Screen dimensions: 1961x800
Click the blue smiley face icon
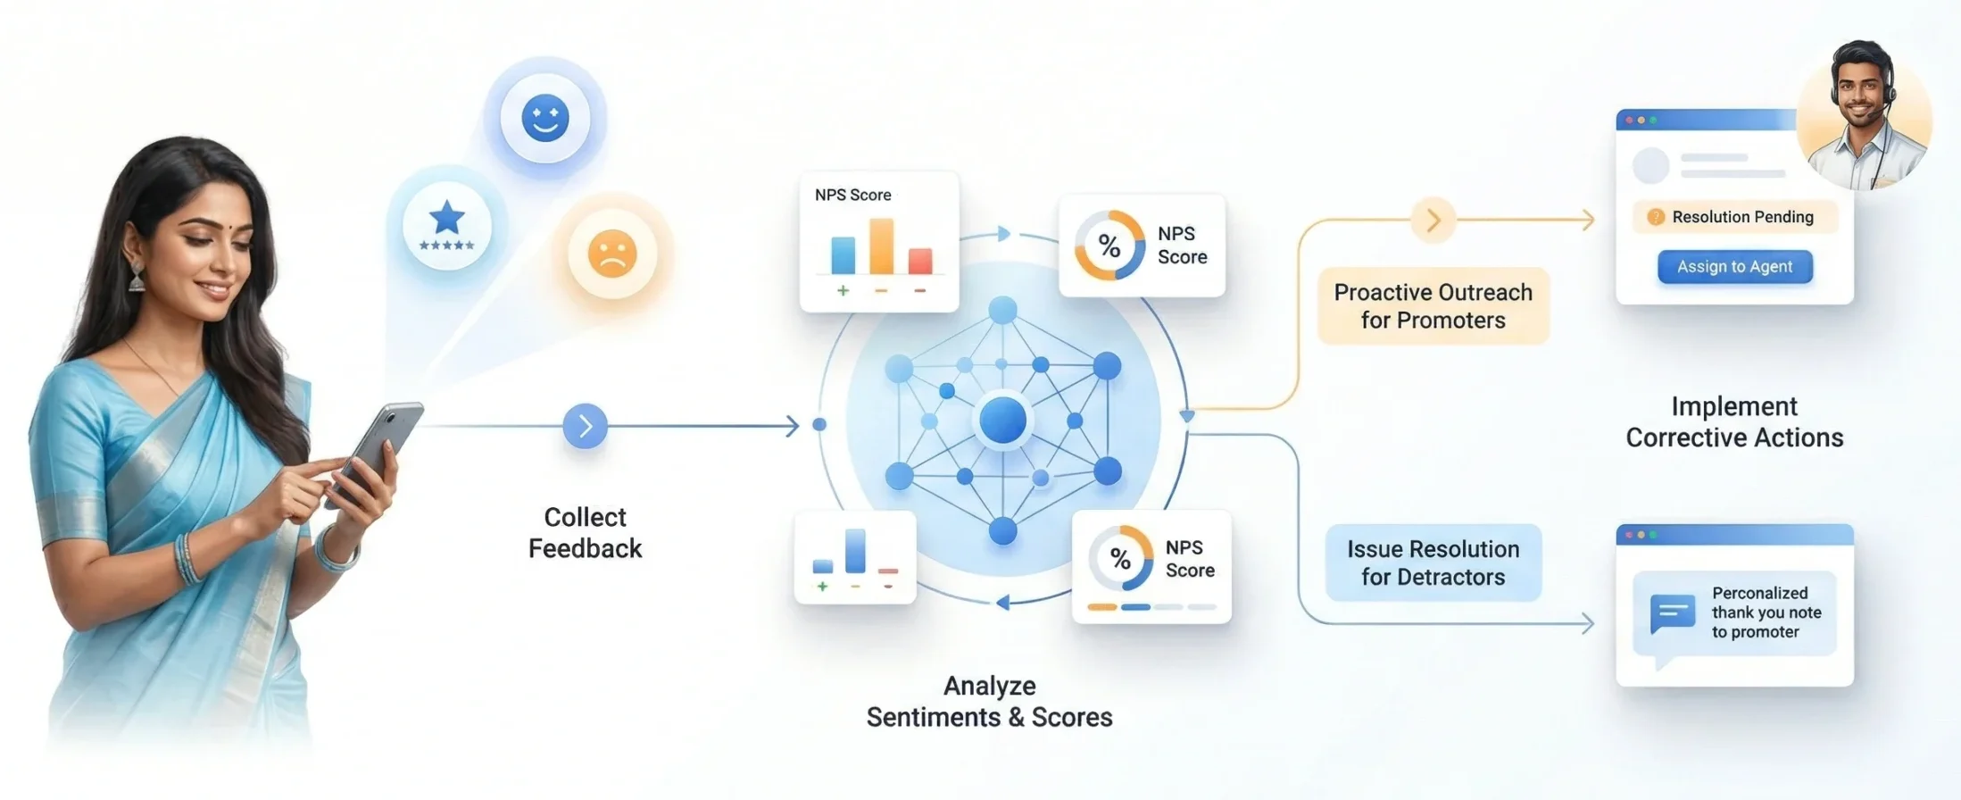545,118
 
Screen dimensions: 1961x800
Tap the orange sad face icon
612,254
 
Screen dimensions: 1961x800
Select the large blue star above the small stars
447,217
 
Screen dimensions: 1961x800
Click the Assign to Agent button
1734,267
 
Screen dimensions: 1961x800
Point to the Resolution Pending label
1734,217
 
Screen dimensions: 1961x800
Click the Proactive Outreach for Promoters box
1433,305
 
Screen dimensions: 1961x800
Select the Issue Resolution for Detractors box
1433,562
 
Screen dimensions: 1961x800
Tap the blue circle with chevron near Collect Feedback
586,426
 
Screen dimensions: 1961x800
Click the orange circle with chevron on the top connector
1433,220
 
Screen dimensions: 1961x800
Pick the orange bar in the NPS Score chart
881,246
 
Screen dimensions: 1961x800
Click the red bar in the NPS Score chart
920,261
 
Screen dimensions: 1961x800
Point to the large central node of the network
1003,421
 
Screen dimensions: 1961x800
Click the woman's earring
137,276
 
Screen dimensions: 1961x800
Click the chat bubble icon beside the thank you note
1673,613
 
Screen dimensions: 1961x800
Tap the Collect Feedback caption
586,533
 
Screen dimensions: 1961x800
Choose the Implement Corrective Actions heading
1734,422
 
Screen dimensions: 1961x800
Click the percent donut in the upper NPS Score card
1109,246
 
